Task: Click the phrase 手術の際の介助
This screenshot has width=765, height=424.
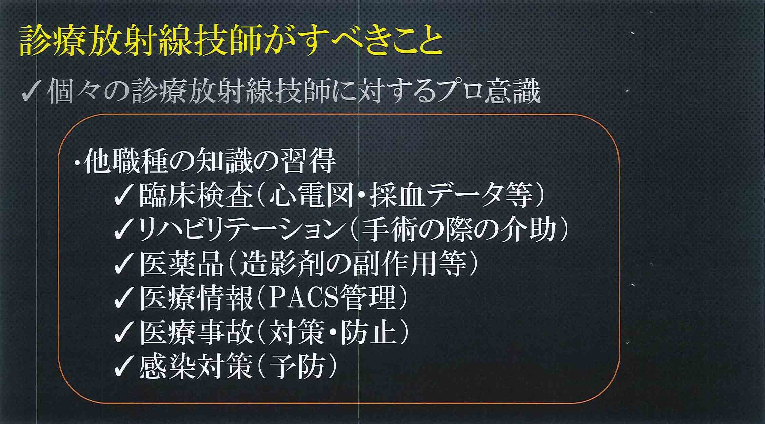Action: (x=459, y=230)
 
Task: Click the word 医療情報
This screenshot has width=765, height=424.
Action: (x=196, y=298)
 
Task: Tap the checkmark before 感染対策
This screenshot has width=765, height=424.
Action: (x=124, y=367)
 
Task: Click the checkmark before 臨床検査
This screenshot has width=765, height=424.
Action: (x=124, y=197)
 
